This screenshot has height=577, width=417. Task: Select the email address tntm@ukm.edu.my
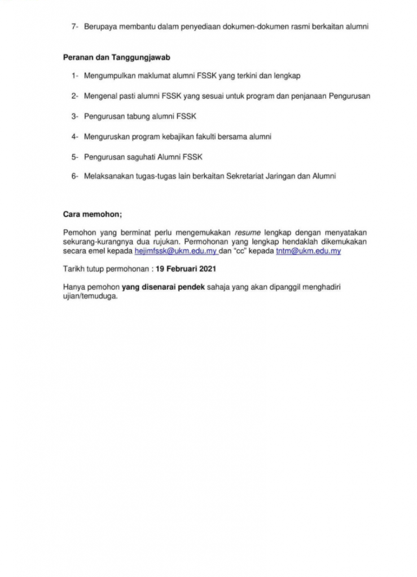(x=308, y=251)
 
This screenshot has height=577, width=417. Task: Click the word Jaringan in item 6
(x=294, y=176)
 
